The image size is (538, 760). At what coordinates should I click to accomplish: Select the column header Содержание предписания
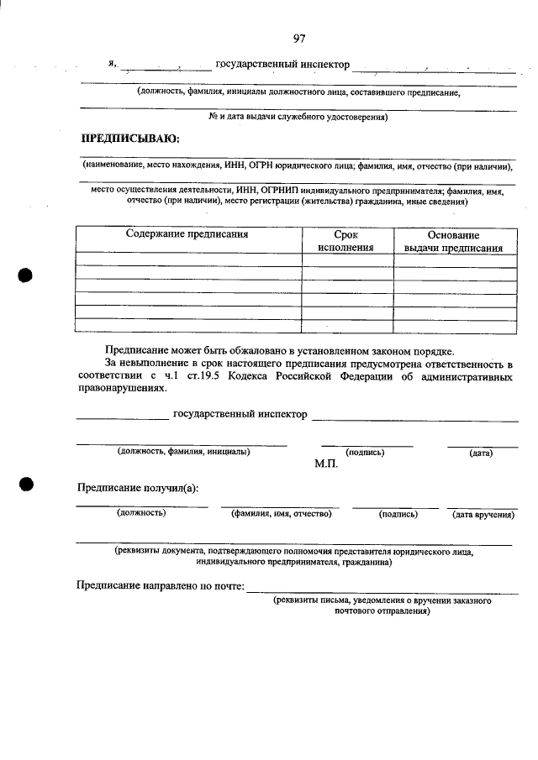(x=187, y=235)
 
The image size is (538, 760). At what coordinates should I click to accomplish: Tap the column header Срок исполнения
(x=345, y=242)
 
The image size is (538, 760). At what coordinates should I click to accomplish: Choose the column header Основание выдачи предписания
(x=453, y=242)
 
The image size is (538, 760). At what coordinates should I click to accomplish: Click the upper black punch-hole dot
(x=26, y=277)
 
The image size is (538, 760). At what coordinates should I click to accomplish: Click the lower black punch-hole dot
(x=26, y=485)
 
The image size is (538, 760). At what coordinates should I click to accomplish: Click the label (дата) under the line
(x=481, y=453)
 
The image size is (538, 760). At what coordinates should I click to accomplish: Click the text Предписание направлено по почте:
(x=160, y=586)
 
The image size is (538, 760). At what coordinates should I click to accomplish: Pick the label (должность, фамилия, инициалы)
(x=183, y=452)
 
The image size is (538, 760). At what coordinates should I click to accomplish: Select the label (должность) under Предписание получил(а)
(x=141, y=513)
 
